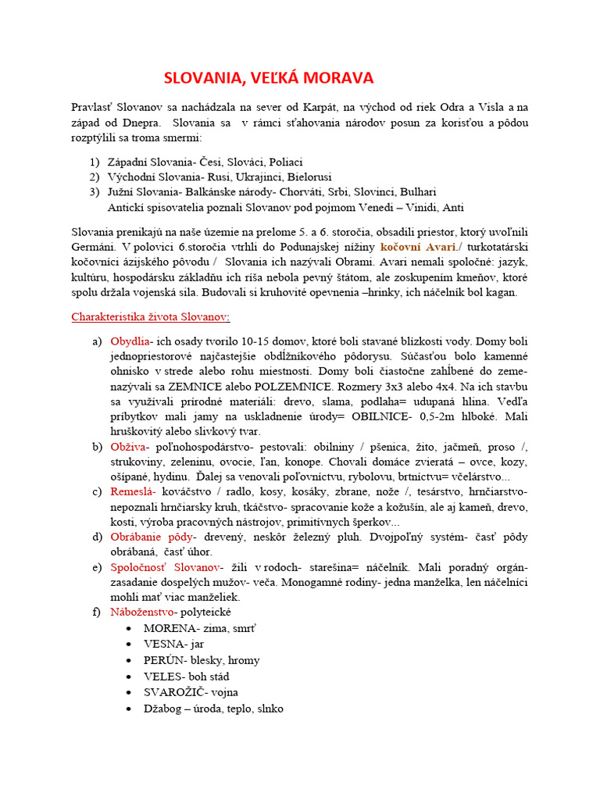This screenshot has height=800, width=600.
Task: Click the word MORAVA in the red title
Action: (337, 78)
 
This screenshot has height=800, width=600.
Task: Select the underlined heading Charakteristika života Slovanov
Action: (151, 317)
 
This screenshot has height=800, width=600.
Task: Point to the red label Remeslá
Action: (134, 491)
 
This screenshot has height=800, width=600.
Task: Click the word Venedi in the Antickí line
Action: (378, 207)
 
